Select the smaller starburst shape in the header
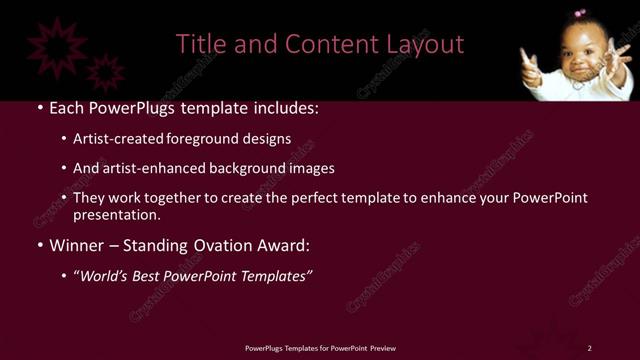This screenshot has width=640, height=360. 105,72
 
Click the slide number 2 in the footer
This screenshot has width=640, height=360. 590,348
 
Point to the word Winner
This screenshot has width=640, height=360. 78,245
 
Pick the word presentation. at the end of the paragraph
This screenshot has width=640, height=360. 117,214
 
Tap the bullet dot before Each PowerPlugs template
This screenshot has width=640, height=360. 39,108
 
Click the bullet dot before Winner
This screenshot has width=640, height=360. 39,245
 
